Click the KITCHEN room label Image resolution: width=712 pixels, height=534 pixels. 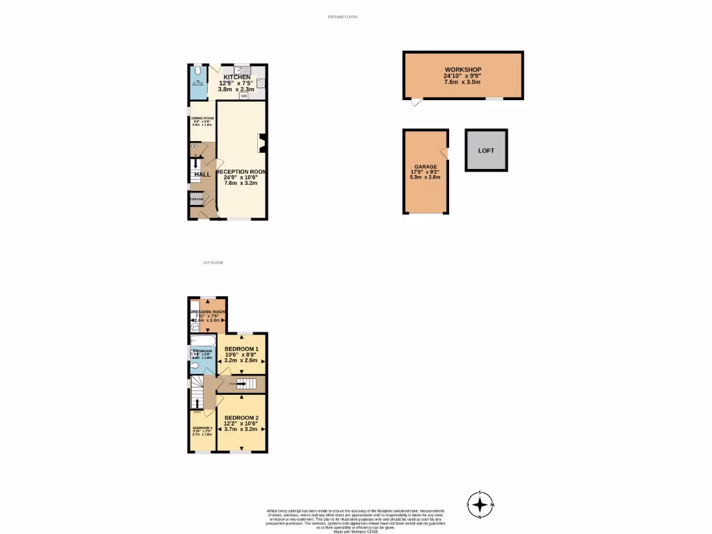click(236, 76)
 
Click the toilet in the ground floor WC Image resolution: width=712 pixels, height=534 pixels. click(198, 70)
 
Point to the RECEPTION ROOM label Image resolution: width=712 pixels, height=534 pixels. click(241, 171)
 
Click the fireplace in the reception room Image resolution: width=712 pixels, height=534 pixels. click(261, 143)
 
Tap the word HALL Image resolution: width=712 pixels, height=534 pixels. click(202, 175)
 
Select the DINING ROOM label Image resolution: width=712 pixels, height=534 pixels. click(202, 118)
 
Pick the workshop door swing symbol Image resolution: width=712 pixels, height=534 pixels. click(415, 103)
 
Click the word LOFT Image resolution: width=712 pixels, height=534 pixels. click(486, 150)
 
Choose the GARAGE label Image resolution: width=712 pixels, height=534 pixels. click(426, 167)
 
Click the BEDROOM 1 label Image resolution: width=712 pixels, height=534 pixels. click(241, 349)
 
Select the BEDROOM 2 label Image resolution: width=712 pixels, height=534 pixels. click(241, 417)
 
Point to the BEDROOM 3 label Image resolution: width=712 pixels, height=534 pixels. click(202, 428)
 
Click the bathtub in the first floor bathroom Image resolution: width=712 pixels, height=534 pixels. click(202, 340)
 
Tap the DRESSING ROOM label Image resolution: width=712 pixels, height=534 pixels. click(207, 311)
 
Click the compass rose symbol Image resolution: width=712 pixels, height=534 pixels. click(480, 504)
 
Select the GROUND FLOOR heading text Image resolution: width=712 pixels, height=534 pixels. click(342, 17)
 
